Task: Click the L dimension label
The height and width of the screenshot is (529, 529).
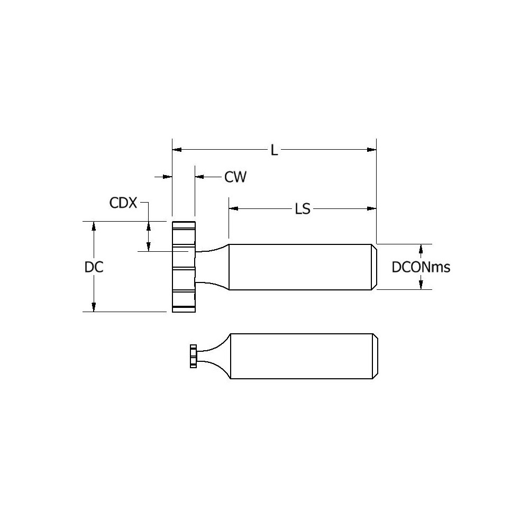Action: pos(273,150)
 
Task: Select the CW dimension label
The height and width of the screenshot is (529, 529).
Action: pos(235,177)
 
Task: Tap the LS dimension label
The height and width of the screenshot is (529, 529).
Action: pos(302,209)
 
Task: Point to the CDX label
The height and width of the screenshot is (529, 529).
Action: pos(123,203)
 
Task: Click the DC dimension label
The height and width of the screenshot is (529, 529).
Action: pos(94,267)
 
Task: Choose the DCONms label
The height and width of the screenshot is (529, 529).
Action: pos(421,268)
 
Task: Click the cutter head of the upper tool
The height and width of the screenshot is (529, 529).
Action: pos(184,267)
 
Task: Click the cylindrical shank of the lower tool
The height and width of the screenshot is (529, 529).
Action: pos(302,356)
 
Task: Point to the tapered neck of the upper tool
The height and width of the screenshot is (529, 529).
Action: pos(213,267)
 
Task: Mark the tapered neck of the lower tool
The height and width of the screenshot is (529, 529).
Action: pos(214,356)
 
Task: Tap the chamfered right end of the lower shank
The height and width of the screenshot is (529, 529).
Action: pos(376,356)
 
